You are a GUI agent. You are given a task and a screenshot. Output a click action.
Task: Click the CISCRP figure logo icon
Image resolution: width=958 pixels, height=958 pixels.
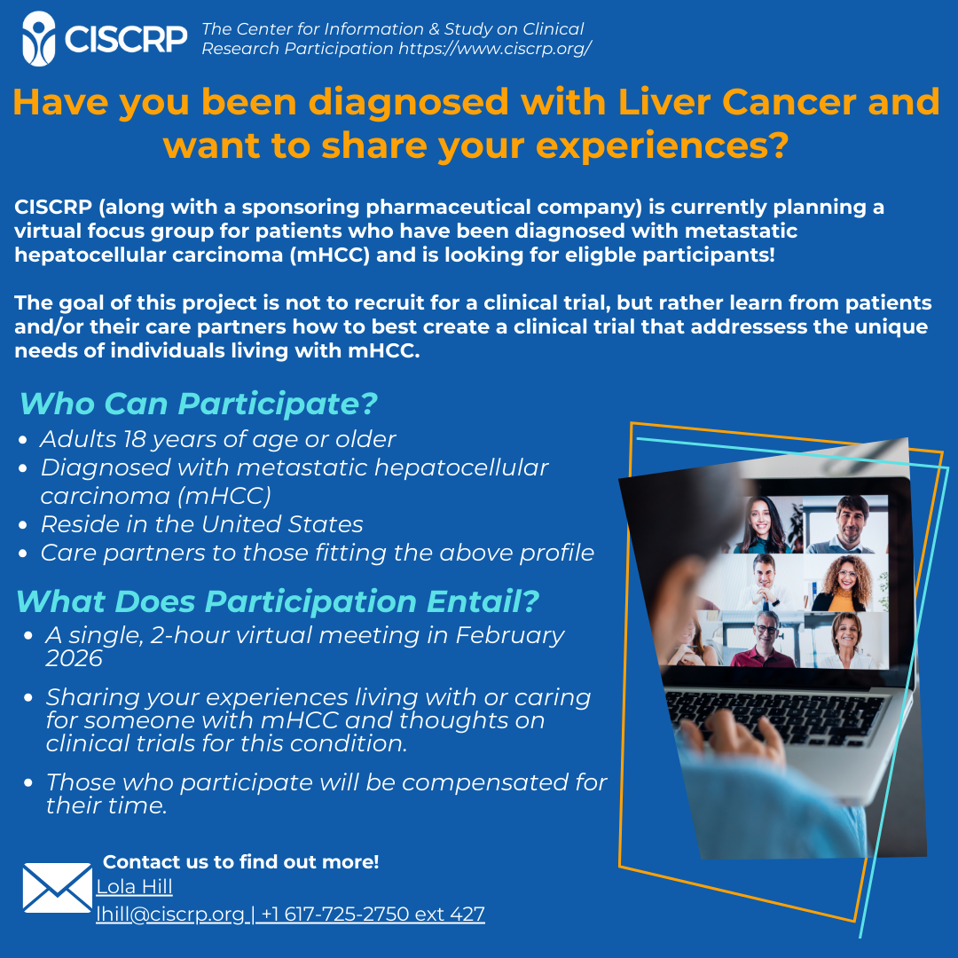pos(39,38)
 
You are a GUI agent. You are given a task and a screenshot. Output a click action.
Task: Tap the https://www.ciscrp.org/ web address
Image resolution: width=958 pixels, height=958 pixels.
pos(495,48)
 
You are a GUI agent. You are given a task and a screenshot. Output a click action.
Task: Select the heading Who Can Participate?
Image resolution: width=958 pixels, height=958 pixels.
pos(199,404)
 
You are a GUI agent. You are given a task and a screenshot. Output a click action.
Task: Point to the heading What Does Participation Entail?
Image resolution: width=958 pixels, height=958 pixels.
pos(278,601)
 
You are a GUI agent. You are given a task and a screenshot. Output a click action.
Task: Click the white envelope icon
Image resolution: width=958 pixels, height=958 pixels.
pos(58,888)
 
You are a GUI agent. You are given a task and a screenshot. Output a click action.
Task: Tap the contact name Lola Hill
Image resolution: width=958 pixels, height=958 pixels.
pos(135,886)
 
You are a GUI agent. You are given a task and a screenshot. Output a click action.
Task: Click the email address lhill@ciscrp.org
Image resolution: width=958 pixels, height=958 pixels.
pos(169,914)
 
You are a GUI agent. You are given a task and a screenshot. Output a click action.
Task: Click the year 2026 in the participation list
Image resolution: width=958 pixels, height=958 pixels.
pos(74,658)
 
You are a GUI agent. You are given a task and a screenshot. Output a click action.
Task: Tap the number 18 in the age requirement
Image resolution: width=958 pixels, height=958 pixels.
pos(135,439)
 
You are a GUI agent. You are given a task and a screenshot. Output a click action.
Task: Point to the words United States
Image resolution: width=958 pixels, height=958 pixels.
pos(282,524)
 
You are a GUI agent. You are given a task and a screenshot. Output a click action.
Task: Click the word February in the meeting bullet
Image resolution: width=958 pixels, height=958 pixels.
pos(509,635)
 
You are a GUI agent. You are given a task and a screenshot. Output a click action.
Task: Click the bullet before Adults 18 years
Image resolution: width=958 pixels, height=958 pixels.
pos(23,440)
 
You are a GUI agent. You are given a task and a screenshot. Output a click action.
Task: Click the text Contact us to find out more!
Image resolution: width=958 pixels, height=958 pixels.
pos(240,861)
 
